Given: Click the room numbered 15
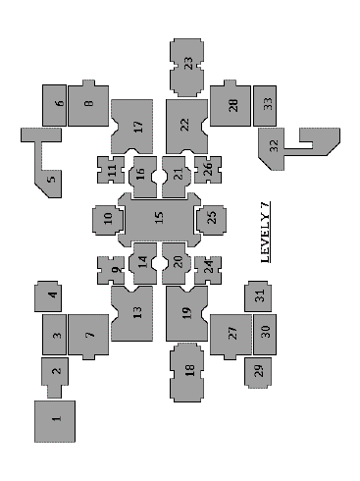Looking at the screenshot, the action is coord(159,218).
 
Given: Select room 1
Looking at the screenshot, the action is coord(55,421).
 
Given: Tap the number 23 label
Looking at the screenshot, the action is coord(188,63).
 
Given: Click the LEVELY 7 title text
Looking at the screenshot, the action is coord(266,233).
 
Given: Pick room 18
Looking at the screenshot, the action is coord(187,372).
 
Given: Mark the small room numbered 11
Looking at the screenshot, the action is coord(111,170).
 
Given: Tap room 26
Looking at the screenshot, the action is coord(208,170).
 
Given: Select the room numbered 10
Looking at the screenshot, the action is coord(108,220).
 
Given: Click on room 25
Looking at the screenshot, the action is coord(212,220).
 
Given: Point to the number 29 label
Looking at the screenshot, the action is coord(258,370).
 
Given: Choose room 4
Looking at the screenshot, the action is coord(48,296).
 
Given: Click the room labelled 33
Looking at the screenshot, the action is coord(265,106).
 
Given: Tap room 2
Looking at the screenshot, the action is coord(55,376).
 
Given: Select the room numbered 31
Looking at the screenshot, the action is coord(258,296).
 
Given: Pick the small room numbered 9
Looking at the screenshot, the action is coord(111,270).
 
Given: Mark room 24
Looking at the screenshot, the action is coord(208,270).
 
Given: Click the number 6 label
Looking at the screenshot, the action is coord(60,103).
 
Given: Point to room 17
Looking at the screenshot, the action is coord(132,127).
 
